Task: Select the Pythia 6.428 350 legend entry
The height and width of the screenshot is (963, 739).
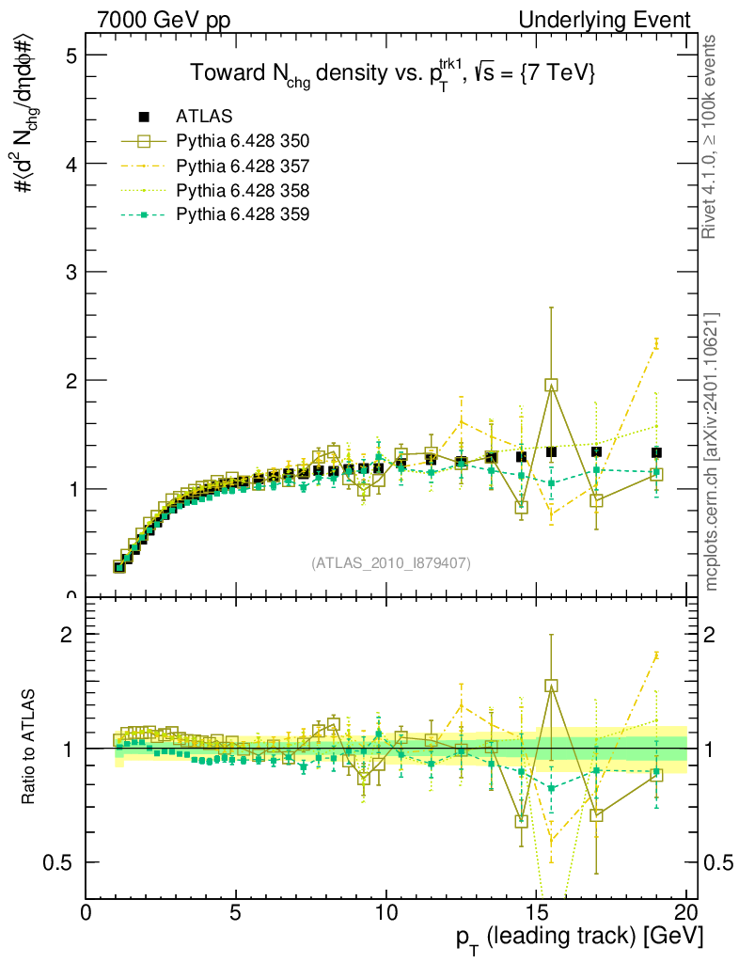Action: coord(243,141)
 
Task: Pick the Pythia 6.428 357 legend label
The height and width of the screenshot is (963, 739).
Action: coord(243,166)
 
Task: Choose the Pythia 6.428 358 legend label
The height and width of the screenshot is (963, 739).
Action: coord(243,190)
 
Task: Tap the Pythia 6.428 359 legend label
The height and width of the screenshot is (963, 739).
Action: coord(243,214)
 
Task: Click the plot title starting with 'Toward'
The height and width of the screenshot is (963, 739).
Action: coord(392,75)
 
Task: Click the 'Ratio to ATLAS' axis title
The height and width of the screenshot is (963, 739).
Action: coord(29,749)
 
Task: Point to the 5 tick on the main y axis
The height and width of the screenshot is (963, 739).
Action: coord(71,55)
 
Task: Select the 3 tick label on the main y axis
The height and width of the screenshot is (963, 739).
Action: coord(71,272)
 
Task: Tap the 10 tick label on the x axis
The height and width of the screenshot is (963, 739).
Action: coord(385,913)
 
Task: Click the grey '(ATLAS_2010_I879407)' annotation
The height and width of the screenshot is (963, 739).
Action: coord(391,563)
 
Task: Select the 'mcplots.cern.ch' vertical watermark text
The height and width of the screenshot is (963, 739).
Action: coord(714,451)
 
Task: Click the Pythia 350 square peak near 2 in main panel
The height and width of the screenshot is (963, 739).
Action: coord(551,385)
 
